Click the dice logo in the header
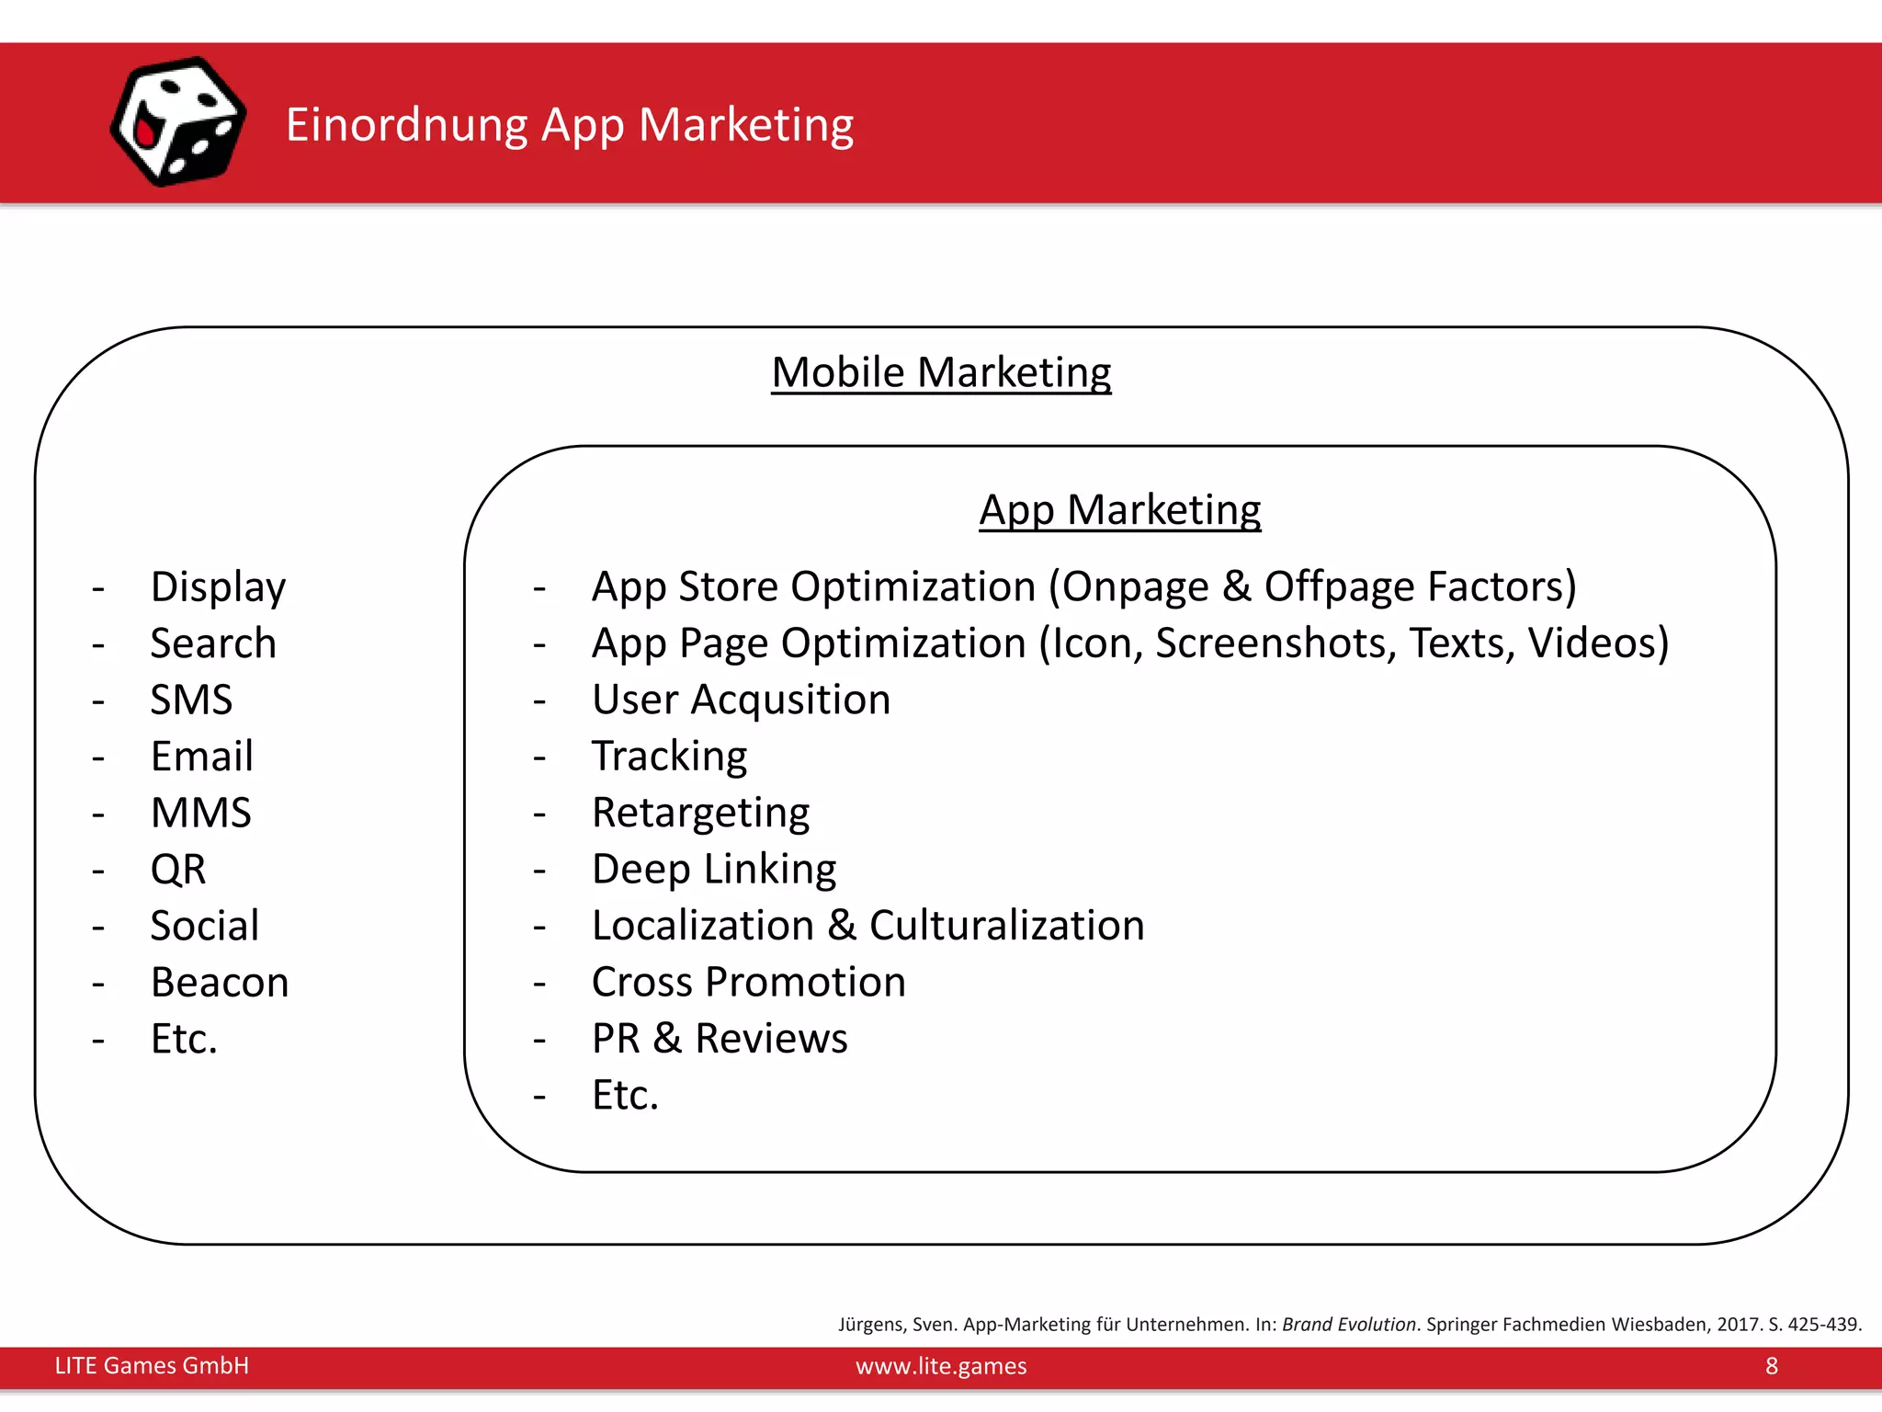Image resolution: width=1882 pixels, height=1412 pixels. click(178, 121)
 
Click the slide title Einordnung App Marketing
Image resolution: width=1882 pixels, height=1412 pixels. click(569, 124)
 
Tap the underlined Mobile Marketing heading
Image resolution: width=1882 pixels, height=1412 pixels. click(941, 372)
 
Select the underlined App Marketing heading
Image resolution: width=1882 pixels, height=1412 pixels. click(1119, 509)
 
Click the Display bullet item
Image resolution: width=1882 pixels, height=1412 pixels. click(218, 586)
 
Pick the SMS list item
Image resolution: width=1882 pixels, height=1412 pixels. click(191, 700)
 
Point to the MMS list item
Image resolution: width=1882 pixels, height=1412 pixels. click(200, 813)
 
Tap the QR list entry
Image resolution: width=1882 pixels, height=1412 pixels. click(178, 869)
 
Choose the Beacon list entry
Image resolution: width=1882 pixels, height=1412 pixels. click(220, 982)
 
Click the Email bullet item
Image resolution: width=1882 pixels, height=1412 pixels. click(201, 756)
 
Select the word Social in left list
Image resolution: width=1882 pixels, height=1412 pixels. click(204, 925)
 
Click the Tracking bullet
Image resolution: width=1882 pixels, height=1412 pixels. click(669, 756)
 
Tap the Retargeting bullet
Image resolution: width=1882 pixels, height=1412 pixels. click(700, 813)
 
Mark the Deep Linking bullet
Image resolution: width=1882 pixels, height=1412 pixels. click(714, 869)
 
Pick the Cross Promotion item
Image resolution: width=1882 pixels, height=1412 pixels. click(748, 982)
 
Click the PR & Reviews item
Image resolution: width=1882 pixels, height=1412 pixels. click(720, 1038)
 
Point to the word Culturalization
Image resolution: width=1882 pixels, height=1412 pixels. click(1006, 925)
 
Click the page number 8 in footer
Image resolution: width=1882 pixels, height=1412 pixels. click(1772, 1366)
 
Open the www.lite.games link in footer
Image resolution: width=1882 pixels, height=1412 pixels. click(941, 1366)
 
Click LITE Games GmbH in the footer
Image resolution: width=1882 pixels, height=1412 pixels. click(152, 1366)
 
